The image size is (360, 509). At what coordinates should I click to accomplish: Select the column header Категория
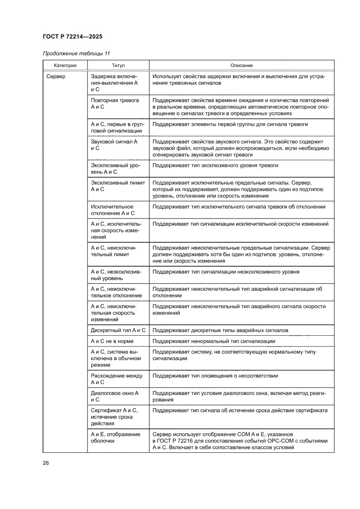click(65, 65)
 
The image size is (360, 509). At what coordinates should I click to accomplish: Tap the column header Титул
click(118, 65)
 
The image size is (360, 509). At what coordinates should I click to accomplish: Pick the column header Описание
click(242, 65)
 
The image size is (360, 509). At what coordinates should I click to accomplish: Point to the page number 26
click(46, 462)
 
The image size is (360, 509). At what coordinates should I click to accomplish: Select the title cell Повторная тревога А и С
click(115, 103)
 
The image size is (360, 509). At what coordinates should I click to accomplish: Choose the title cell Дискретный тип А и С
click(118, 330)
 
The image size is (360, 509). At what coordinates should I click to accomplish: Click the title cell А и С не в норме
click(112, 341)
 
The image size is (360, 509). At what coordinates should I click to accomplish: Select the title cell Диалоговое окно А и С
click(114, 396)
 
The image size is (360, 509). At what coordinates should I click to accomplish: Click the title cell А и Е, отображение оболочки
click(115, 437)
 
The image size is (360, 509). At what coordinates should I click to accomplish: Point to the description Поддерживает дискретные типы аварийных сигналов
click(220, 330)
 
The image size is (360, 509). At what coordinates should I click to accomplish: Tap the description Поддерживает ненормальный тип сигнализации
click(214, 341)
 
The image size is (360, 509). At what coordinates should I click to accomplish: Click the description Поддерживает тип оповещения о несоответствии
click(215, 376)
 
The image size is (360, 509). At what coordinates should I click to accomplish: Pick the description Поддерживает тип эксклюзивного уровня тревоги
click(215, 165)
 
